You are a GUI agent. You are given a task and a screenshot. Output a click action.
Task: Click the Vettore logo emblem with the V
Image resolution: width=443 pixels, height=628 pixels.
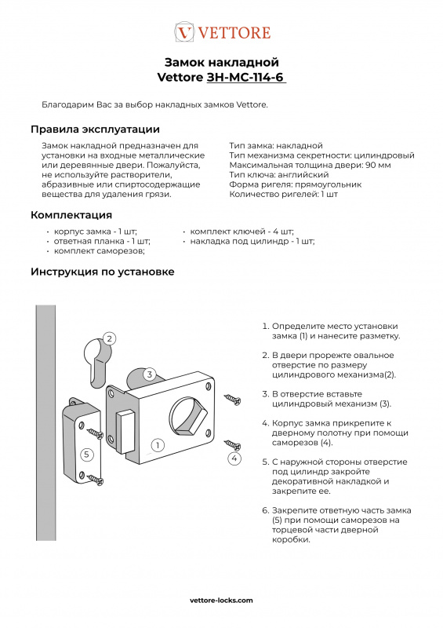point(184,32)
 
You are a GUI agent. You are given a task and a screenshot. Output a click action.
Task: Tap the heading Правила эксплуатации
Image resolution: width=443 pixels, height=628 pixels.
point(95,130)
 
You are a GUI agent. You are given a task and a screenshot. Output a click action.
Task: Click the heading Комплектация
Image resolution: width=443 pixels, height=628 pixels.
point(71,215)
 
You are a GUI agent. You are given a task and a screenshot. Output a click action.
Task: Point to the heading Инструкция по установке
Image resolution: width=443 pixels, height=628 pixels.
point(103,272)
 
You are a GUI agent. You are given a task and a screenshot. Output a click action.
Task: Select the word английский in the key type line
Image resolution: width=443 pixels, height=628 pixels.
point(303,175)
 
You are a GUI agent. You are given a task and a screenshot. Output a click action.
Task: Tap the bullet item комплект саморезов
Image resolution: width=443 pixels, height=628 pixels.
point(100,251)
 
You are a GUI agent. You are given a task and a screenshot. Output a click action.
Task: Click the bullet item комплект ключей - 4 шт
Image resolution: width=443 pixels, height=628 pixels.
point(241,232)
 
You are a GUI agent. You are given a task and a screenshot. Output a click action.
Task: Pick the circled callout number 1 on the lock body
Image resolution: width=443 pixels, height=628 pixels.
point(158,445)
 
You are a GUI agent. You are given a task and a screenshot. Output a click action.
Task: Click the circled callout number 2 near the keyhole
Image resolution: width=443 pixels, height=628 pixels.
point(109,339)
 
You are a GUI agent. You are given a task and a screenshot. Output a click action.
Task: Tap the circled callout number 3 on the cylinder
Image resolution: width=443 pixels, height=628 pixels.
point(149,374)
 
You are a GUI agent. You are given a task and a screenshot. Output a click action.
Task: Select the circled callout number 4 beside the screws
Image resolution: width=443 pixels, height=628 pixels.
point(234,458)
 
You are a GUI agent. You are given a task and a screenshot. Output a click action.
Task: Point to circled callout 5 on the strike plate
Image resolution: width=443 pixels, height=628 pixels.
point(87,455)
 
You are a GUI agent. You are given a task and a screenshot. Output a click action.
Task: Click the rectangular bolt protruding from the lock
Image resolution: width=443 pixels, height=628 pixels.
point(125,431)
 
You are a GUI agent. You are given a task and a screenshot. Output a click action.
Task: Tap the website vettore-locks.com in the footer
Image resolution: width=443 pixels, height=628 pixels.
point(221,600)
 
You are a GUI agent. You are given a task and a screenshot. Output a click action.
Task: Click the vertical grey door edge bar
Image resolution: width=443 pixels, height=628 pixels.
point(45,423)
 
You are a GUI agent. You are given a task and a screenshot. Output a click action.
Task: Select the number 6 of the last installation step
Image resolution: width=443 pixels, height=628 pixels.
point(265,511)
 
